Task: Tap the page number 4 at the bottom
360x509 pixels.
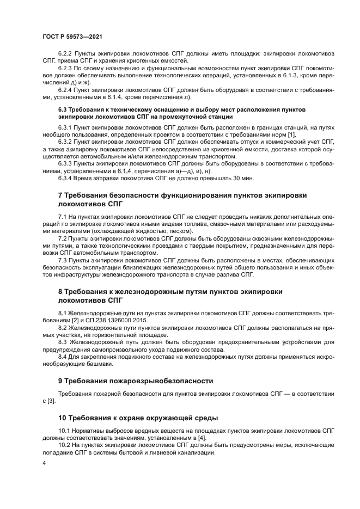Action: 44,462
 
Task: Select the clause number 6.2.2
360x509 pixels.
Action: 66,53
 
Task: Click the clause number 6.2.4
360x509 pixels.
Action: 66,89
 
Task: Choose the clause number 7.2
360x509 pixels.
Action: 63,238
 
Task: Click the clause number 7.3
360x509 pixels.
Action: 63,260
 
